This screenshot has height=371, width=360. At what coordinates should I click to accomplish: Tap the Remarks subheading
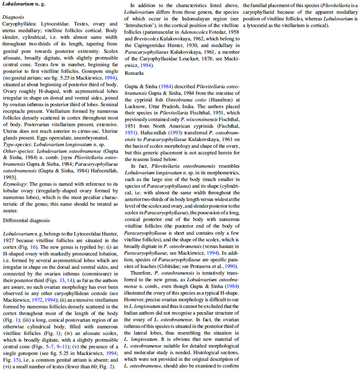[x=135, y=73]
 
